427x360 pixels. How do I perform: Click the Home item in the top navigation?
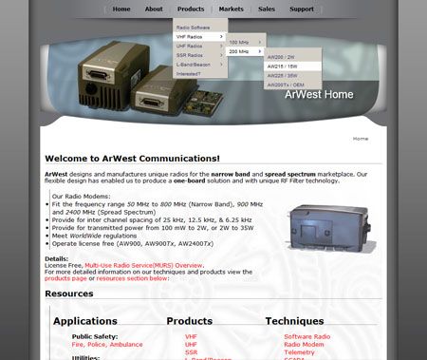[121, 9]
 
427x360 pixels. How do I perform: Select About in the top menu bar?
[154, 9]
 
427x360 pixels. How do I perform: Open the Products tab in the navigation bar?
[191, 9]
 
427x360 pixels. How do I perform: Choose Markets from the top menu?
[231, 9]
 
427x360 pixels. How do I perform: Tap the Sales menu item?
[267, 9]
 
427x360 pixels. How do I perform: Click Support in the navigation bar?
[302, 9]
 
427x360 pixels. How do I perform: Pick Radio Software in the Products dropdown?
[193, 28]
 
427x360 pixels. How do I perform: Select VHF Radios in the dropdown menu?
[193, 36]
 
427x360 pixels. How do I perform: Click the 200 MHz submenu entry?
[239, 51]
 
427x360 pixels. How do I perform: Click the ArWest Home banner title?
[318, 94]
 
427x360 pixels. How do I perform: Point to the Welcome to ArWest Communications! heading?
[132, 158]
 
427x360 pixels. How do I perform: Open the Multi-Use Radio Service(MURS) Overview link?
[143, 265]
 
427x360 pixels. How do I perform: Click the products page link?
[65, 278]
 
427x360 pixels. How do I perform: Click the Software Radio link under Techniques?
[306, 336]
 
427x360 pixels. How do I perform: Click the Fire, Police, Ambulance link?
[105, 344]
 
